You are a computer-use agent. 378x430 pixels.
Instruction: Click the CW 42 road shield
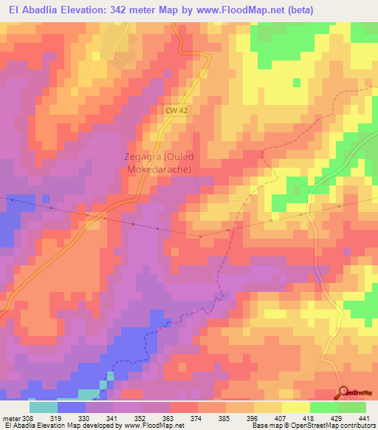point(176,110)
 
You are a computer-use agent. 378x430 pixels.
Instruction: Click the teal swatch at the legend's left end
point(44,407)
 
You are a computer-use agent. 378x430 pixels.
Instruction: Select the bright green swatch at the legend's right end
point(352,407)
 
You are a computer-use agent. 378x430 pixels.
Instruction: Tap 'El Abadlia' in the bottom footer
point(23,426)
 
